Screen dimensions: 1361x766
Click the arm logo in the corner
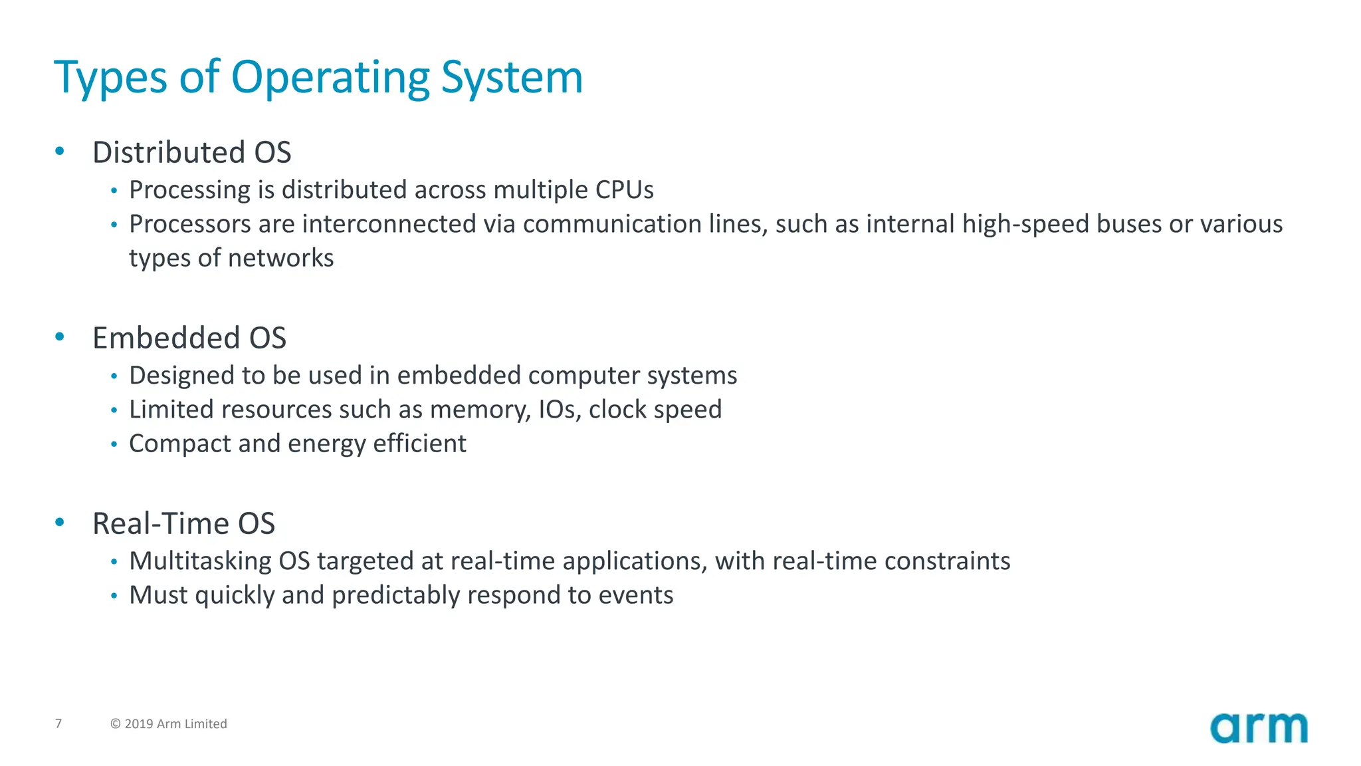1258,729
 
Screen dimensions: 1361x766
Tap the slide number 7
58,723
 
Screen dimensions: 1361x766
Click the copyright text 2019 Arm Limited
169,724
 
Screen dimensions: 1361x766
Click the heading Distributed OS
191,152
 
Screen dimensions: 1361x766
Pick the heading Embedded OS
189,338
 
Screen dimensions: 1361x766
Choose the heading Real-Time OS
183,523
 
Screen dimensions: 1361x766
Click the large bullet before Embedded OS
60,337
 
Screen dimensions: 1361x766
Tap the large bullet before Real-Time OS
60,523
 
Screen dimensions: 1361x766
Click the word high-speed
1025,225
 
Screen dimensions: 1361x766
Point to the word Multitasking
200,561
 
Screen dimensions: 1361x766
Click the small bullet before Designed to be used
114,376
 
